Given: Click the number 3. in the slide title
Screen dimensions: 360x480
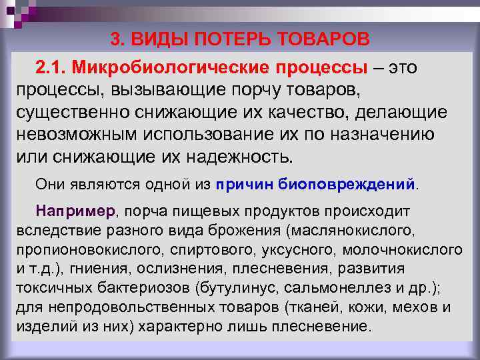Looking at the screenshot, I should [x=117, y=39].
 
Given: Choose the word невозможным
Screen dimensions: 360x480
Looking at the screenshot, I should [x=75, y=133].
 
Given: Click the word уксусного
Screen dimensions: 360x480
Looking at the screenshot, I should [x=293, y=249].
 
